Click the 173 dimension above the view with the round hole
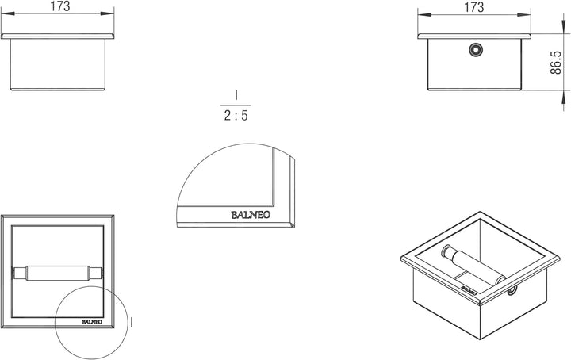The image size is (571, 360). point(473,7)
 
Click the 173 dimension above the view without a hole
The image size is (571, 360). point(59,7)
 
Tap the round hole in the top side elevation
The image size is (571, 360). point(474,49)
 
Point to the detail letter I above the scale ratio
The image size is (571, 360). point(236,95)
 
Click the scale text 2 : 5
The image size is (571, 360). point(236,117)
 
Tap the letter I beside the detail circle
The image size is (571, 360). point(132,322)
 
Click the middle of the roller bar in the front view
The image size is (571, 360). point(60,274)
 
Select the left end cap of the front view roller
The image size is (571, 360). point(21,274)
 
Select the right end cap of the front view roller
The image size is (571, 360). point(99,274)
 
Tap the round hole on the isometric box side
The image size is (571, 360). point(512,290)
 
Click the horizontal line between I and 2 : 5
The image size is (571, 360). point(236,105)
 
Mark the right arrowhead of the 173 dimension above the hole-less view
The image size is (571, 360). point(113,15)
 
